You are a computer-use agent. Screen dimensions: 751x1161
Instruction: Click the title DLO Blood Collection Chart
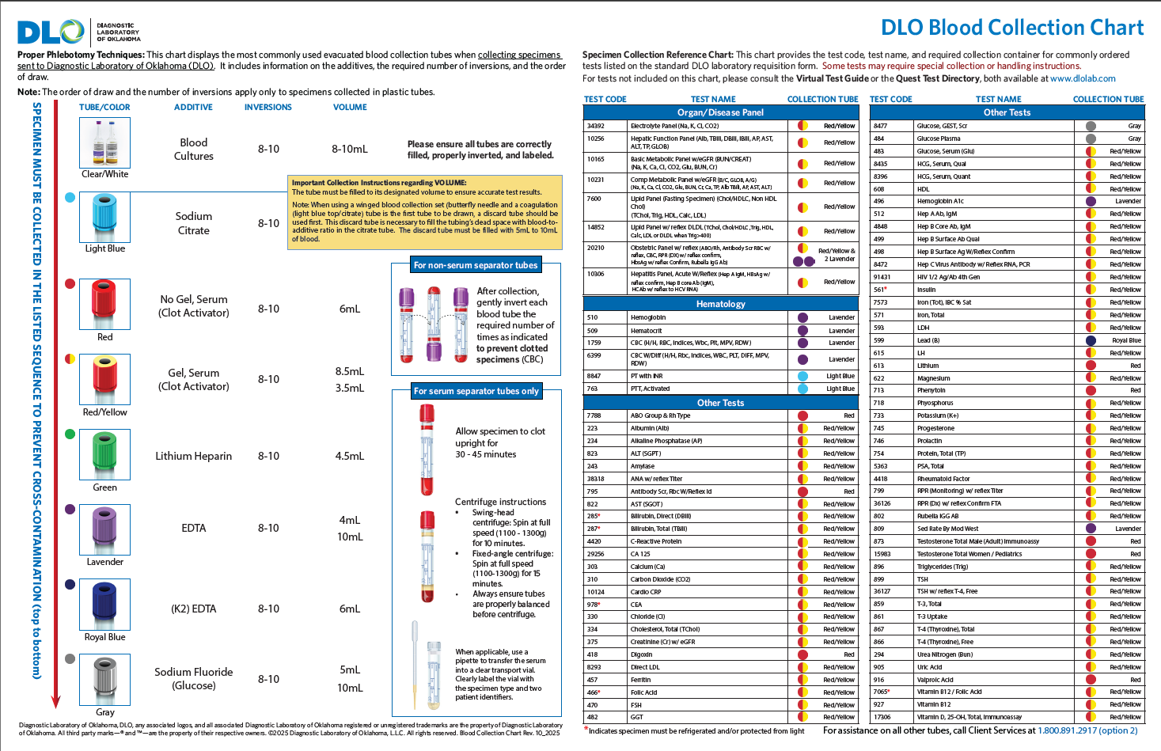pos(1011,28)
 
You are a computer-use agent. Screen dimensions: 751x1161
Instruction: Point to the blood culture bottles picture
pos(104,143)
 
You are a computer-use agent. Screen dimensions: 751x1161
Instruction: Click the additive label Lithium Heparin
pos(193,456)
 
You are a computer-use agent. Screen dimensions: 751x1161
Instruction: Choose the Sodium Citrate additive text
pos(193,223)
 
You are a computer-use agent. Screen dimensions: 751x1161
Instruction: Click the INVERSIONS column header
pos(267,107)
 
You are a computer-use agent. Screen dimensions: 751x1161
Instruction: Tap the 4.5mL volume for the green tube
pos(349,456)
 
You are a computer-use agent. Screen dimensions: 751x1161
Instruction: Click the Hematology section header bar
pos(720,304)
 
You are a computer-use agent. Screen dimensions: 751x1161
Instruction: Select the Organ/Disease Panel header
pos(720,112)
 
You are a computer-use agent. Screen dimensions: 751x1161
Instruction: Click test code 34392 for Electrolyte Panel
pos(595,126)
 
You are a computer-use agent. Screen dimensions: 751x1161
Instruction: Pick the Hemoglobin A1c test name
pos(940,201)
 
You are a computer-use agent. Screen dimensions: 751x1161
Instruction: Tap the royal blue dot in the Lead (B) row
pos(1091,340)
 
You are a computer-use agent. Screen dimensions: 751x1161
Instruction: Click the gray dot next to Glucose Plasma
pos(1091,138)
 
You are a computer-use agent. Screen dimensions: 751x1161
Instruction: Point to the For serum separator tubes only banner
pos(476,391)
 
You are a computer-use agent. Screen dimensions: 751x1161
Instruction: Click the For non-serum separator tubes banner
pos(476,265)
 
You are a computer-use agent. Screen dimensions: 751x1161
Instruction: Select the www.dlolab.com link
pos(1083,78)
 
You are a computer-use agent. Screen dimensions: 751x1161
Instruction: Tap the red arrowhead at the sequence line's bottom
pos(55,702)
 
